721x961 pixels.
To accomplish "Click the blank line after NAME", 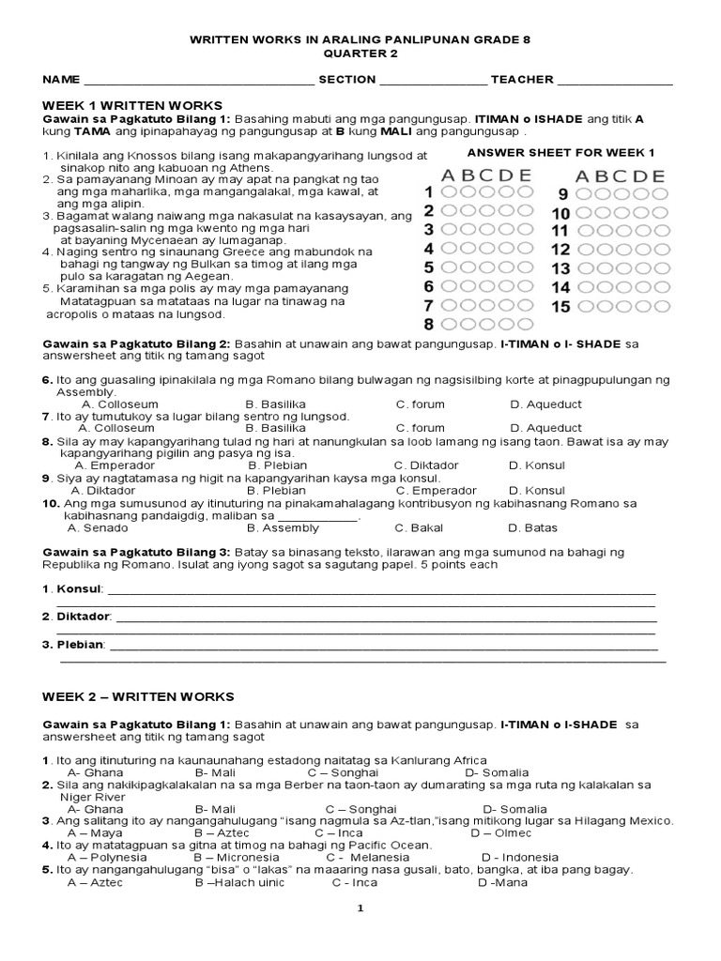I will point(198,82).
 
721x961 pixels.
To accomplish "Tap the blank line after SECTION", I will point(433,82).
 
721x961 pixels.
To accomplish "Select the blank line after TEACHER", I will point(616,82).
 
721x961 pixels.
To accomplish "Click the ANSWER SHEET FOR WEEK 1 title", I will point(560,152).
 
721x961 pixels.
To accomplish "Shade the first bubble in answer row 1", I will point(449,191).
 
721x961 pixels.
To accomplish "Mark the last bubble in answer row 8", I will point(527,326).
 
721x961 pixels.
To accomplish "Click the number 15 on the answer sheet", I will point(560,307).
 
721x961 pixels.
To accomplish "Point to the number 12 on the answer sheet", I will point(560,250).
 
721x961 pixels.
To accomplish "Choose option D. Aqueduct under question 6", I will point(545,404).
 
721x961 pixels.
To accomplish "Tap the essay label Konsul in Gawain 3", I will point(78,589).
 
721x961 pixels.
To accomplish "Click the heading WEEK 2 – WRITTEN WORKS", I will point(138,696).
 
